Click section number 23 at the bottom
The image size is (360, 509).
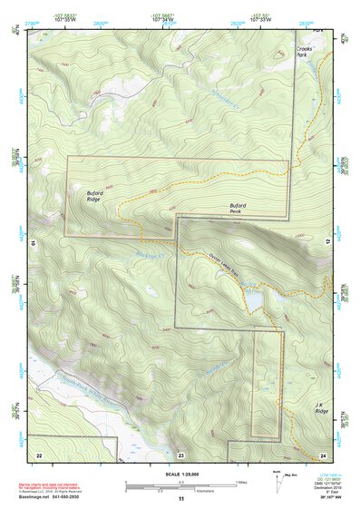tap(181, 455)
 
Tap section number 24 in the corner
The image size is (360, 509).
tap(323, 455)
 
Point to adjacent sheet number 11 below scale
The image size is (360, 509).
tap(180, 499)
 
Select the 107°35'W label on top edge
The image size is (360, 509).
tap(65, 17)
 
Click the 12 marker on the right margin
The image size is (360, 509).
tap(329, 242)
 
